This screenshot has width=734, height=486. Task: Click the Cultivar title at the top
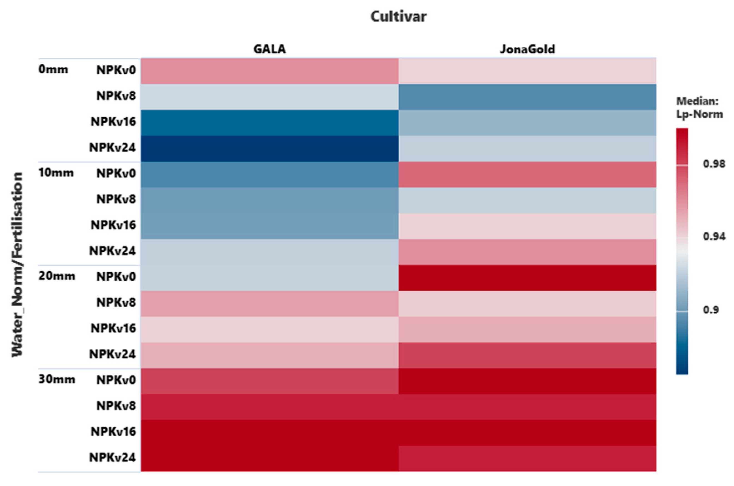398,17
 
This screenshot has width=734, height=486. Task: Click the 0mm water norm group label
53,69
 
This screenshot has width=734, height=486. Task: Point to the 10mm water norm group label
56,173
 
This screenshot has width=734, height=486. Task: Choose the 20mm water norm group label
56,276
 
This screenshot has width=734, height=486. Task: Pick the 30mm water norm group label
56,379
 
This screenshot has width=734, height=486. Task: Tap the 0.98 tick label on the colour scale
714,164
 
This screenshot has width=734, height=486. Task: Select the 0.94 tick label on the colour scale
714,236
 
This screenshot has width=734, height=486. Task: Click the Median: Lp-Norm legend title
699,107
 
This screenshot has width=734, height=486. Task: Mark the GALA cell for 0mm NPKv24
269,148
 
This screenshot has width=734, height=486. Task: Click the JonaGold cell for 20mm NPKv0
527,278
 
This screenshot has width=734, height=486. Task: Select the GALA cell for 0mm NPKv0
269,71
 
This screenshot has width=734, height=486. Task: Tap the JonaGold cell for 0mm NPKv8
527,97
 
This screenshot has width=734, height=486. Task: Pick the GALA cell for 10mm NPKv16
269,226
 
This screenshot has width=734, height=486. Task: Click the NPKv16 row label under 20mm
113,328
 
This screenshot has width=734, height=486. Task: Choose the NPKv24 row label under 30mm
112,457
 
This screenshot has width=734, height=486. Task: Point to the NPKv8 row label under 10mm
116,199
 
